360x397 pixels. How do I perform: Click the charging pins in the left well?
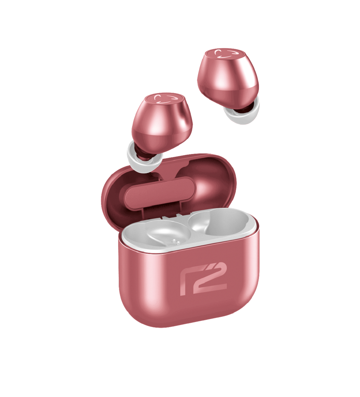click(175, 241)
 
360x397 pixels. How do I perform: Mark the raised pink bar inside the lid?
click(160, 192)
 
